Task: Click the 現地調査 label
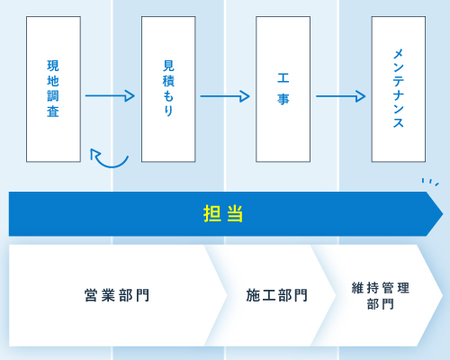click(x=53, y=88)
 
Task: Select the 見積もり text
click(x=168, y=88)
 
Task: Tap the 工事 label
click(x=283, y=89)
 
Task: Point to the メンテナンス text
click(x=399, y=88)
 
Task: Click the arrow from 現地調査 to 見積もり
click(x=110, y=96)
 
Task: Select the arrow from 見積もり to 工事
click(x=225, y=96)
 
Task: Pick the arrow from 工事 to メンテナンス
click(x=340, y=96)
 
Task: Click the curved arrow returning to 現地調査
click(x=111, y=166)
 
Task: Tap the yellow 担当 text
click(x=223, y=213)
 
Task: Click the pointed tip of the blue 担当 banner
click(x=443, y=214)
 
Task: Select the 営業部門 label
click(x=117, y=295)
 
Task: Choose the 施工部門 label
click(x=276, y=295)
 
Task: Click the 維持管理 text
click(x=381, y=288)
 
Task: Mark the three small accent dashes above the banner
click(x=430, y=182)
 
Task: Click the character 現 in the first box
click(x=53, y=66)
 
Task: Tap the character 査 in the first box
click(x=53, y=112)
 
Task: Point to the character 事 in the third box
click(x=283, y=99)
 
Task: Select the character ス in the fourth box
click(x=399, y=122)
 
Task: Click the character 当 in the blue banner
click(x=235, y=213)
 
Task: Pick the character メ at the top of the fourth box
click(x=399, y=54)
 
